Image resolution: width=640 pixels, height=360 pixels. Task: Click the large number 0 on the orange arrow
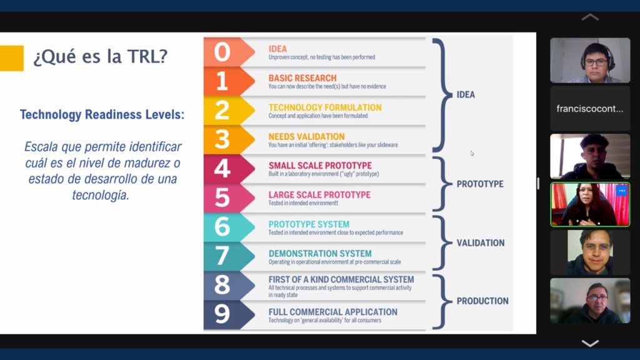click(222, 52)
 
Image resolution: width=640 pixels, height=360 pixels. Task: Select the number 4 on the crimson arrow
click(222, 168)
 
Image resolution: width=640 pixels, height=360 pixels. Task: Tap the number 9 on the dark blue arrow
click(222, 314)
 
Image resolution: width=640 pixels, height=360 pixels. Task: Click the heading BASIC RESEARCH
click(302, 78)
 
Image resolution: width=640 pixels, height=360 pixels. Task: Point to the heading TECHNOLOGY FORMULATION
click(325, 107)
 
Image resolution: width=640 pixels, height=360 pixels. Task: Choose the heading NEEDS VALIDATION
click(306, 136)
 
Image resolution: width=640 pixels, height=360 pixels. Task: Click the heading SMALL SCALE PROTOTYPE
click(320, 165)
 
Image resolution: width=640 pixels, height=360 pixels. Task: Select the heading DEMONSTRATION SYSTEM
click(320, 254)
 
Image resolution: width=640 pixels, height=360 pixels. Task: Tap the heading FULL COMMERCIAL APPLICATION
click(332, 312)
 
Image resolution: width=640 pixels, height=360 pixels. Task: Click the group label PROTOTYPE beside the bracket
click(480, 184)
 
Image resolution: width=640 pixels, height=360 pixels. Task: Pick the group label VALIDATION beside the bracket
click(481, 243)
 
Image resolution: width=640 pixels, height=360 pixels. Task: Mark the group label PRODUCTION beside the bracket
click(482, 301)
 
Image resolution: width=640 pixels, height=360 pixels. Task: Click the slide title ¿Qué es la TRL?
click(101, 56)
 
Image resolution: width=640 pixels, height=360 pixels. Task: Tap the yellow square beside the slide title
click(11, 58)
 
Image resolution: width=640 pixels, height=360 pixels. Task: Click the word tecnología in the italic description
click(101, 195)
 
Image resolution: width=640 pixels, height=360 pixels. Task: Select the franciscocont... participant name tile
click(590, 109)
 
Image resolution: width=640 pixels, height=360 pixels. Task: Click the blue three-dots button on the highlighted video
click(622, 191)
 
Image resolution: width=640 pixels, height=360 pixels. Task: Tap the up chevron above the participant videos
click(590, 17)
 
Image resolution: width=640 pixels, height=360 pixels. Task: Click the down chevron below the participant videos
click(590, 343)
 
